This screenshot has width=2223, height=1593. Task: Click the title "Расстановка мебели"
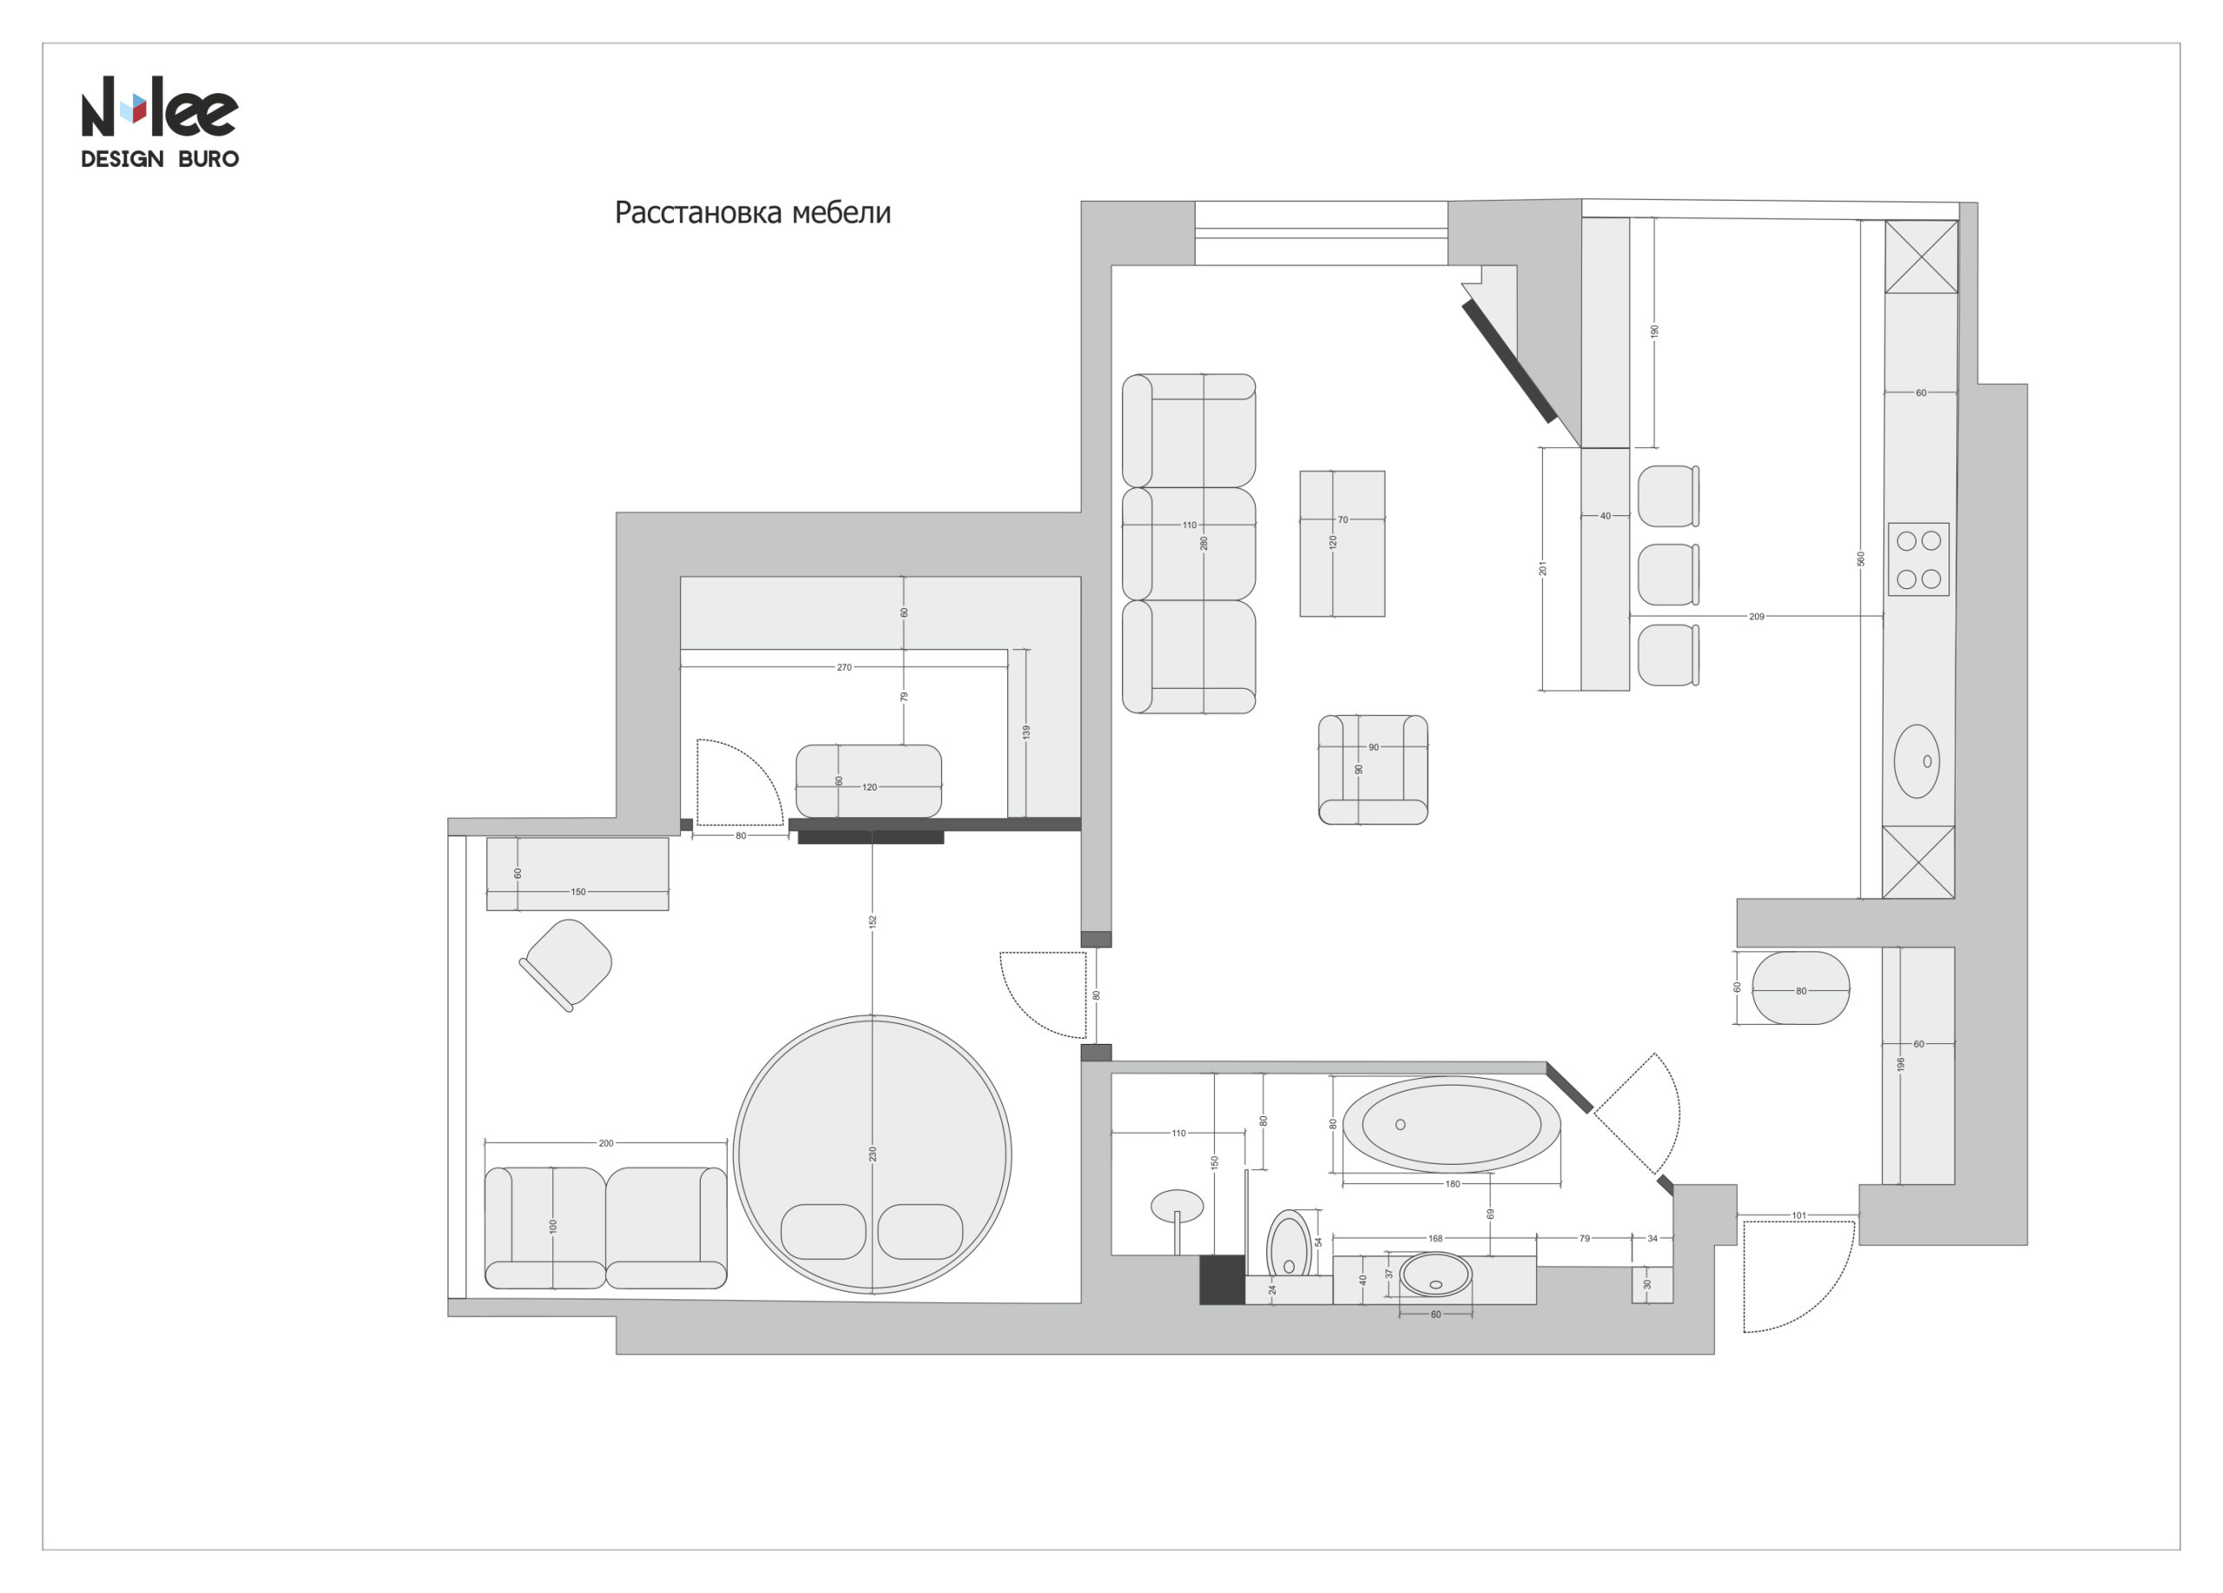752,213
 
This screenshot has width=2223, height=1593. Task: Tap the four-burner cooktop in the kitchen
1918,559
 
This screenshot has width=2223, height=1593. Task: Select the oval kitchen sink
1916,761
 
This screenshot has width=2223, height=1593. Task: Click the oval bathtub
1451,1125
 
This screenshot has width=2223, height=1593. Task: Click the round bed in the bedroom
873,1153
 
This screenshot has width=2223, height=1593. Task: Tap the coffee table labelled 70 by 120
1342,544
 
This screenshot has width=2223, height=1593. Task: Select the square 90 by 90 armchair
1372,770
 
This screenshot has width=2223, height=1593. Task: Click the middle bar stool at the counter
1666,574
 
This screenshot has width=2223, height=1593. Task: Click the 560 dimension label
1860,559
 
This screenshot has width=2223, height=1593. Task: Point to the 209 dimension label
1757,617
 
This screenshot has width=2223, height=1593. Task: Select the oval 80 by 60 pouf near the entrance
1801,988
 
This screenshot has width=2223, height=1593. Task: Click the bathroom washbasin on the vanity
1435,1274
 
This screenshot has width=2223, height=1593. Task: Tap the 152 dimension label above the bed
873,922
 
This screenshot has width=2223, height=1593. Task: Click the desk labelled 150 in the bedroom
577,874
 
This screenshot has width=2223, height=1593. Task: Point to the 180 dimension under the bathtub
1452,1184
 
